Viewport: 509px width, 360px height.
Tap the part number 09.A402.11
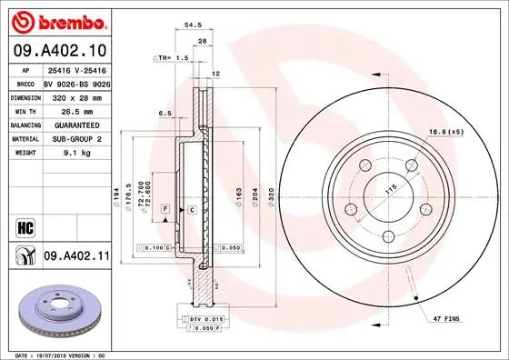[x=76, y=257]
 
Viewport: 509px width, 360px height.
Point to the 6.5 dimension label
[x=165, y=113]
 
